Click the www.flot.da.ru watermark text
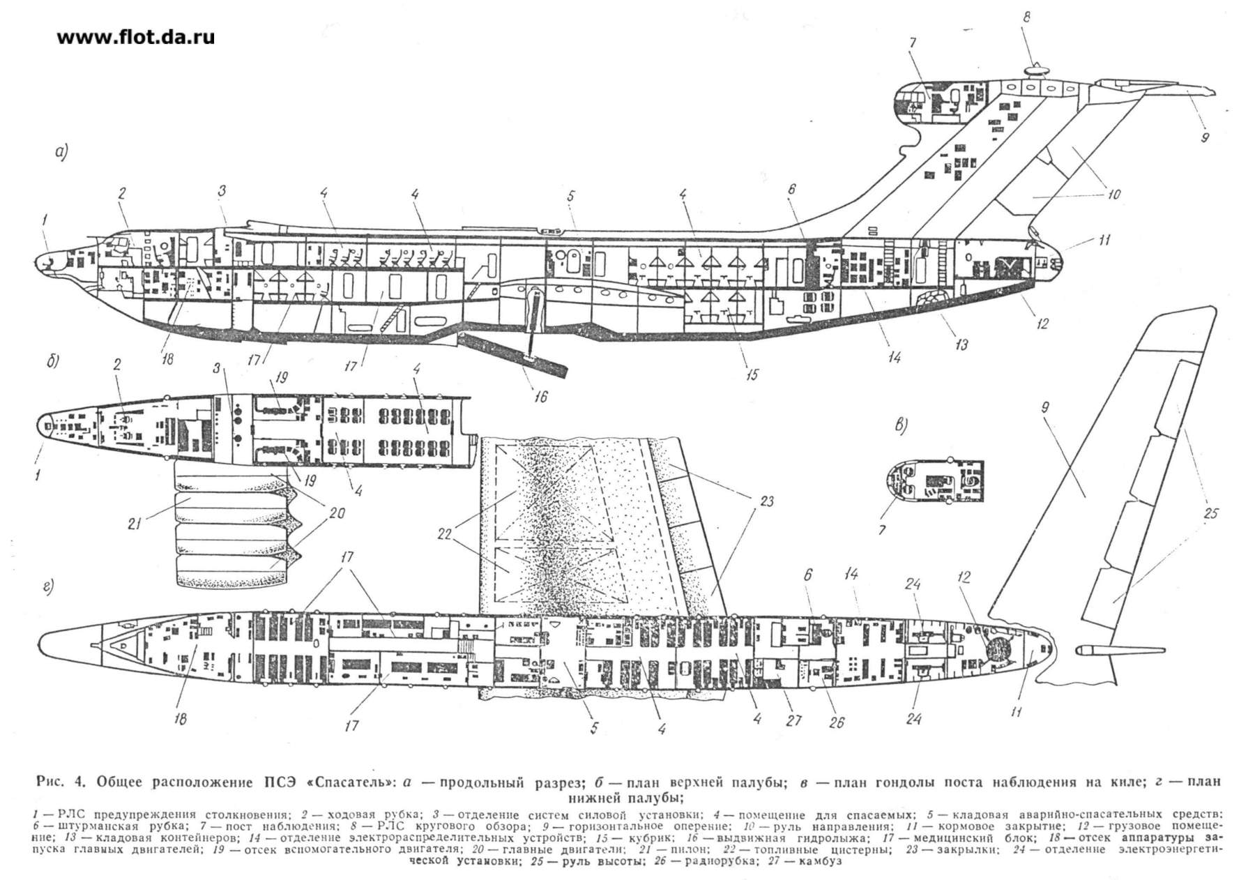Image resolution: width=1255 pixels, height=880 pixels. point(136,38)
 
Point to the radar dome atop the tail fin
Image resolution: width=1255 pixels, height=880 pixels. point(1037,68)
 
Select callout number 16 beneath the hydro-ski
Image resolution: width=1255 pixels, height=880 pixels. point(540,396)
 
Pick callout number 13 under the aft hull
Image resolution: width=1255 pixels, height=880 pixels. point(961,344)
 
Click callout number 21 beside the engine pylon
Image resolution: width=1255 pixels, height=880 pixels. point(135,522)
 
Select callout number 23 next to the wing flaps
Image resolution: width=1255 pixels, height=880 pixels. point(768,501)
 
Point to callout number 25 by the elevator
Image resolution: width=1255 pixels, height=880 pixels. point(1210,513)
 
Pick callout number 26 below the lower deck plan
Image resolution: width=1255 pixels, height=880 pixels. point(836,722)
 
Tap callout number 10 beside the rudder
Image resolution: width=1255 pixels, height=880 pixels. point(1113,195)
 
